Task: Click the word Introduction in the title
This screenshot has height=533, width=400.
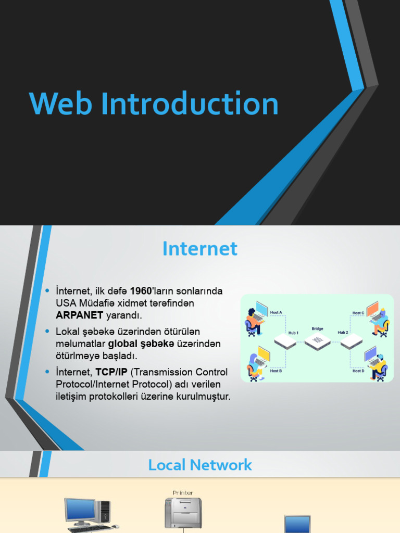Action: coord(190,104)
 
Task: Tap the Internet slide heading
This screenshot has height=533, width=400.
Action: coord(200,249)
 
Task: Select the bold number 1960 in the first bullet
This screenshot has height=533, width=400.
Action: coord(141,290)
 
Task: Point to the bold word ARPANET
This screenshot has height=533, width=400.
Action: coord(80,315)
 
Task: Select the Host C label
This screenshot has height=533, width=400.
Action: coord(358,313)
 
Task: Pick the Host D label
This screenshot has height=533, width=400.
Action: coord(358,371)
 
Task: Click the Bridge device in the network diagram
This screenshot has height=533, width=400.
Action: coord(318,341)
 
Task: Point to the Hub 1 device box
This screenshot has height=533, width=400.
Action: coord(285,341)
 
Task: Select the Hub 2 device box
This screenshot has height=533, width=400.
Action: coord(351,341)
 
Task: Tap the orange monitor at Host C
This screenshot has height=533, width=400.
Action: coord(373,309)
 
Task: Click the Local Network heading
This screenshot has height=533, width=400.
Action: coord(200,465)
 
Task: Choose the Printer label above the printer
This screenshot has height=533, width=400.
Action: coord(183,492)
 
